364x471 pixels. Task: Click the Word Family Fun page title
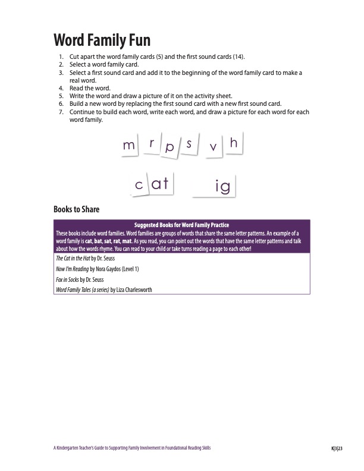pos(102,40)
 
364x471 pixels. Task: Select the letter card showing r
pos(152,143)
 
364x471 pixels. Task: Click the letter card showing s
pos(189,145)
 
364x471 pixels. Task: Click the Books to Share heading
pos(76,209)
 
